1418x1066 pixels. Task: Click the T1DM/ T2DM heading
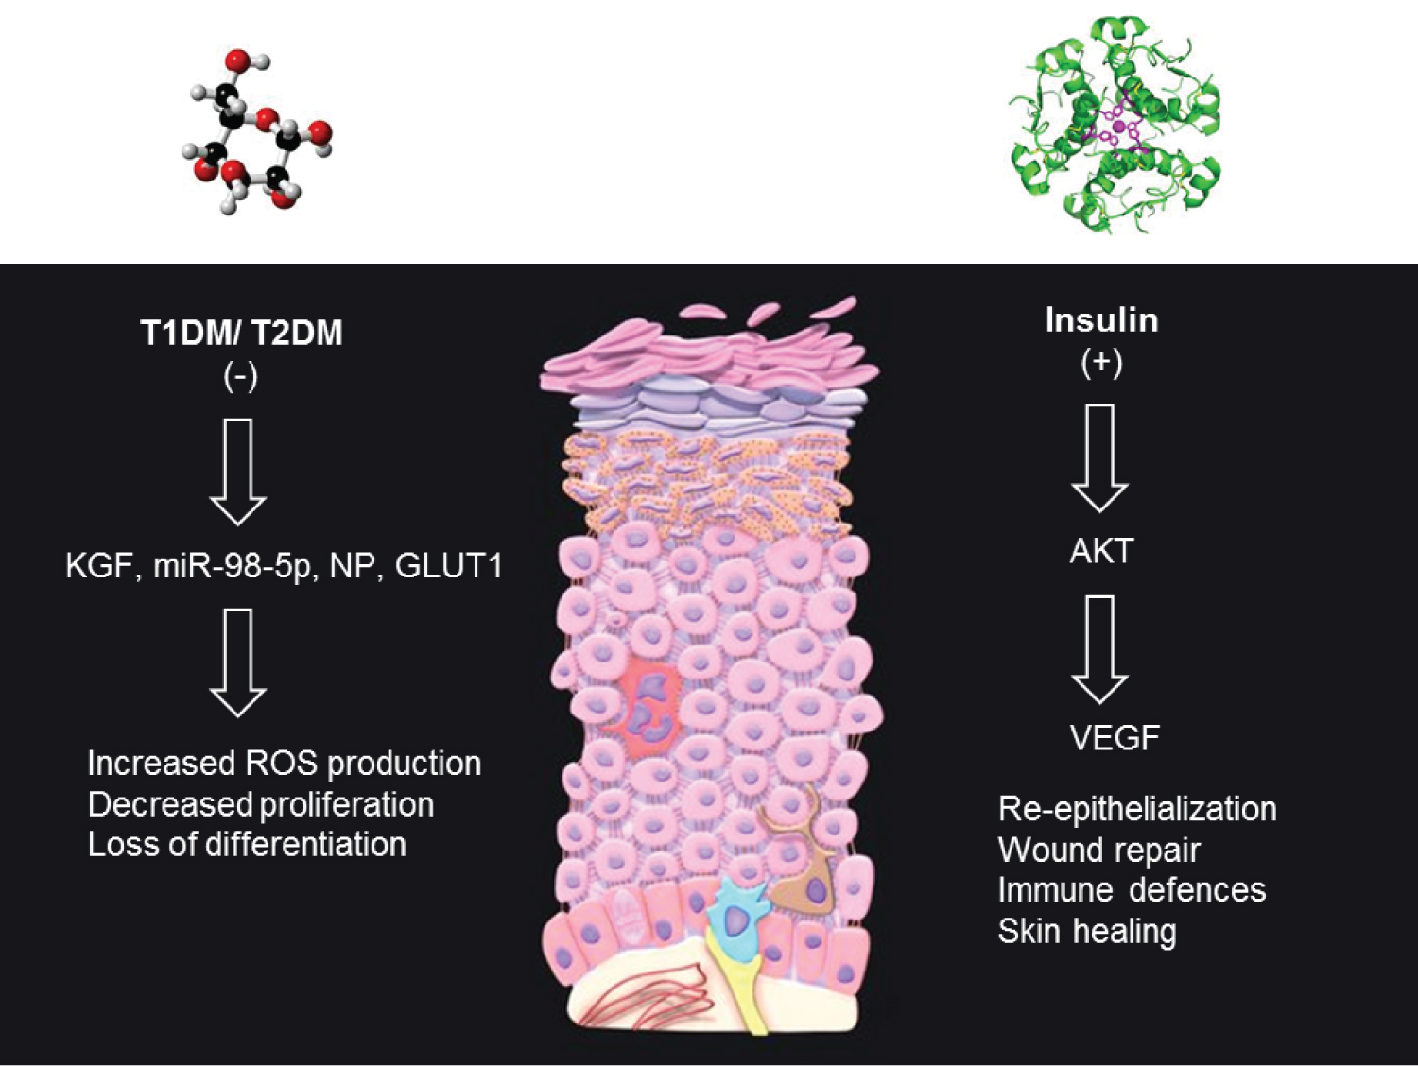241,334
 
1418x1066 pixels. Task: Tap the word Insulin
1101,321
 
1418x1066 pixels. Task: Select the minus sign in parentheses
240,376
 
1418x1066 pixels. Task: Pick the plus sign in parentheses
1101,363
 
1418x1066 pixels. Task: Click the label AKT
1101,551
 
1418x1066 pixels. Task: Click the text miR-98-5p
233,568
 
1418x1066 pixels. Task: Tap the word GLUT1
448,566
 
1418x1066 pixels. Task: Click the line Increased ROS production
285,764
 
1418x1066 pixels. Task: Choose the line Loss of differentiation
247,844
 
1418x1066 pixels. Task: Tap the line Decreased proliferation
260,805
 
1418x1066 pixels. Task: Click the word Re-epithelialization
1137,809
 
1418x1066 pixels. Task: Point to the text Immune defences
1132,889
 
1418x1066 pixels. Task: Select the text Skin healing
1086,932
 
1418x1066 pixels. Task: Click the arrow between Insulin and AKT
1100,457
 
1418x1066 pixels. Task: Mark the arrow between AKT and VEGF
1100,649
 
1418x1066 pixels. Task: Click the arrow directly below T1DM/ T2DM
237,472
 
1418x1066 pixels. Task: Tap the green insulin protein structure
1115,124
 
